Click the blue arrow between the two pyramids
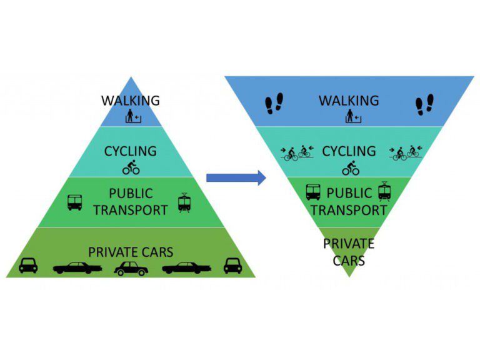click(236, 178)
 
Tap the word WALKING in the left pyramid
click(131, 100)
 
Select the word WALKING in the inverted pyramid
click(349, 100)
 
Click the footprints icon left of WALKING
click(274, 104)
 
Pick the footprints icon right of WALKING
click(424, 104)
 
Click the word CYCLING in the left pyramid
click(131, 151)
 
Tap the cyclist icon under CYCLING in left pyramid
click(131, 167)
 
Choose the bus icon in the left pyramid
click(75, 202)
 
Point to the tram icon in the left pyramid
click(184, 202)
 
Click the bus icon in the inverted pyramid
click(313, 192)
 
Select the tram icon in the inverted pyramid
click(384, 192)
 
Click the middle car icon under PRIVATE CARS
click(131, 268)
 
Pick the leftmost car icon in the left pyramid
click(28, 266)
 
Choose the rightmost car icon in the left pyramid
click(232, 266)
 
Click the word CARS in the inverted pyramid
click(349, 259)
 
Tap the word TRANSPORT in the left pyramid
click(130, 210)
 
